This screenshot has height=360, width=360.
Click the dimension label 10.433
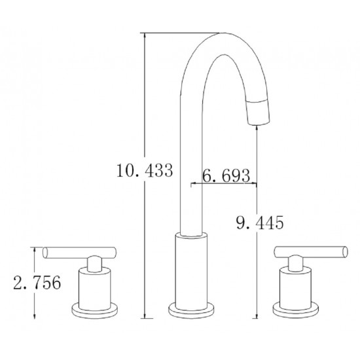point(145,170)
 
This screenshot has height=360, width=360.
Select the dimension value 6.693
point(226,175)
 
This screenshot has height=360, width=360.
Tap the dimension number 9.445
point(260,223)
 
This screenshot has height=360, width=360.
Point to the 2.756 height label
point(37,282)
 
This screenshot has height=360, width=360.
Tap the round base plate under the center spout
point(191,310)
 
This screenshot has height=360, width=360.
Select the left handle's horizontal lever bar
point(80,253)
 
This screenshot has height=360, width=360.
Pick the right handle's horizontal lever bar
point(311,251)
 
